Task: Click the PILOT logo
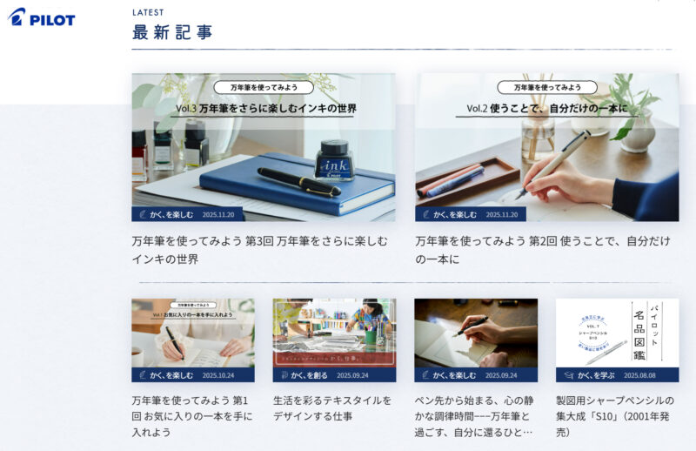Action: pos(41,18)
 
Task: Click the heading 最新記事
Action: pos(172,33)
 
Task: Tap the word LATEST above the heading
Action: pos(147,12)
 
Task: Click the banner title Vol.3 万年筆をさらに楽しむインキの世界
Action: pos(265,109)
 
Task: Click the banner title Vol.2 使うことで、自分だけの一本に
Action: pos(546,109)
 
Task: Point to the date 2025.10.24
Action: pos(218,375)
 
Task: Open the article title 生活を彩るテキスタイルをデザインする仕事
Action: pos(331,408)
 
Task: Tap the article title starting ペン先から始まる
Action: pos(474,415)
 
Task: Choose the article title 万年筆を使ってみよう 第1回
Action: pos(191,415)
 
